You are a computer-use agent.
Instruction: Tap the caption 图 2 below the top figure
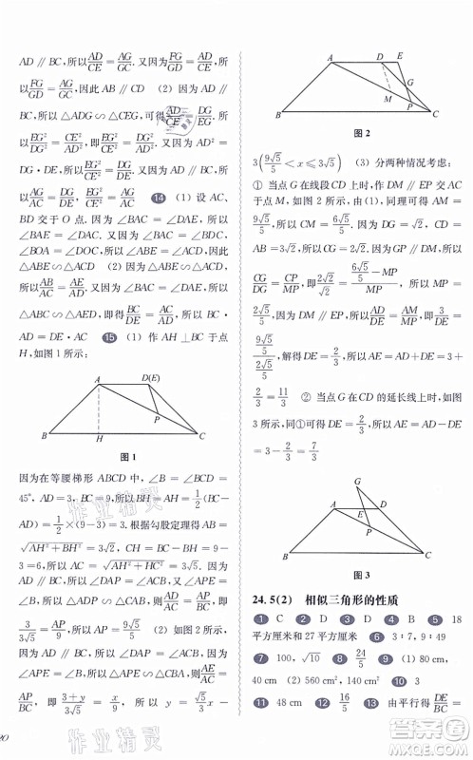pos(360,132)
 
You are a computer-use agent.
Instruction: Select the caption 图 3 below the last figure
pos(358,575)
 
